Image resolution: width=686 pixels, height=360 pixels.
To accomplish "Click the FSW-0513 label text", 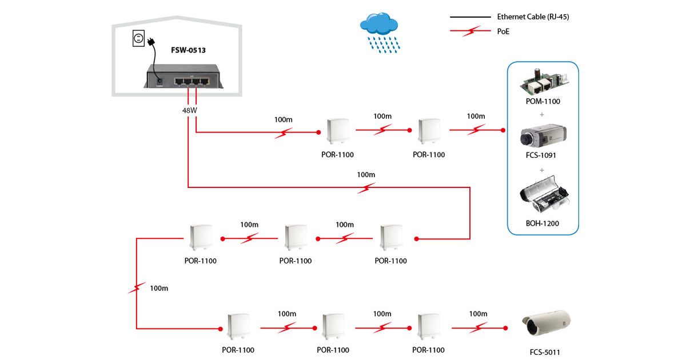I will (188, 50).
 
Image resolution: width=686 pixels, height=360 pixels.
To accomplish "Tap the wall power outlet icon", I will (138, 39).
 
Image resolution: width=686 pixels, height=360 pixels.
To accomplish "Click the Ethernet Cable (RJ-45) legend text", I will (533, 17).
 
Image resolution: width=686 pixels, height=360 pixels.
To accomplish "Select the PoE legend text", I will (503, 32).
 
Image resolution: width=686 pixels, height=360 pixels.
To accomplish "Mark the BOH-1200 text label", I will (543, 223).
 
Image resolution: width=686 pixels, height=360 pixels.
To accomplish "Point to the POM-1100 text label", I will (543, 102).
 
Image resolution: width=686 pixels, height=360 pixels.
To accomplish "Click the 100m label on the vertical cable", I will (159, 288).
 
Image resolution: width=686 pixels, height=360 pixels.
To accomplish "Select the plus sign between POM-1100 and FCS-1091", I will (541, 115).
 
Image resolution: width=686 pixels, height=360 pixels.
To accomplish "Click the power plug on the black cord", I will (151, 42).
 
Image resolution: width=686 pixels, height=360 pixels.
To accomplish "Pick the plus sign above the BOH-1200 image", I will (541, 170).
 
